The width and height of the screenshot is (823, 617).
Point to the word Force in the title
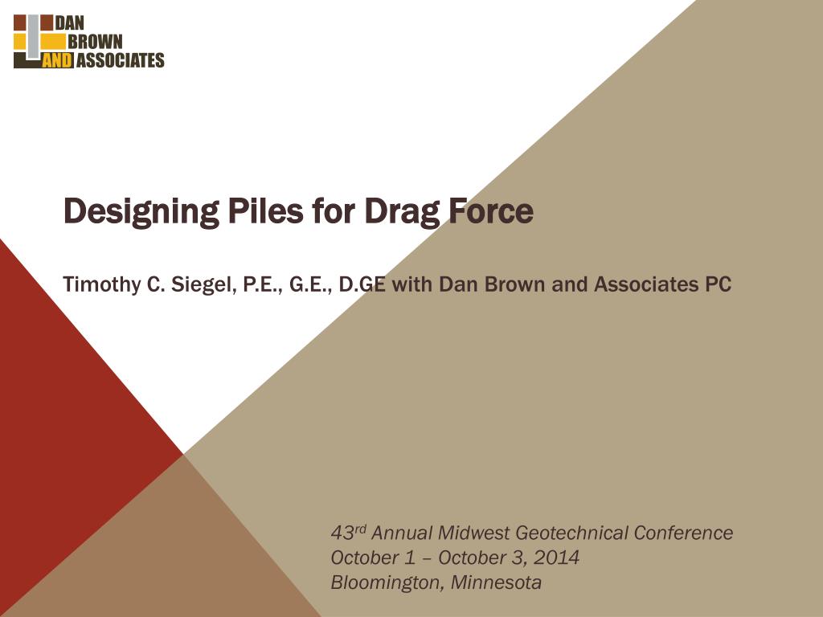click(491, 211)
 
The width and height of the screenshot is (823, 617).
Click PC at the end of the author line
click(719, 284)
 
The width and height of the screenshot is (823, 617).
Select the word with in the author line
click(412, 284)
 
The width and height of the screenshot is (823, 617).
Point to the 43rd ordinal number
click(349, 533)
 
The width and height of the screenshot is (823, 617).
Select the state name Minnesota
click(496, 582)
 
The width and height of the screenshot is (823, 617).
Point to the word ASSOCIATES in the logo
click(120, 60)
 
